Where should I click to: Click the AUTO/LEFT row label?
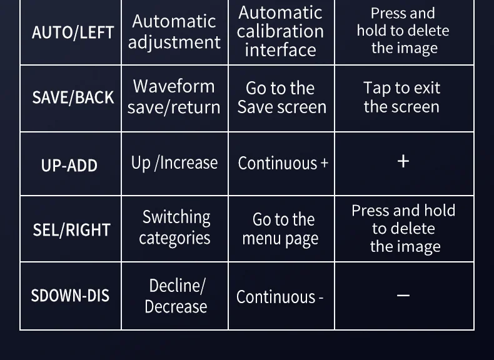pyautogui.click(x=73, y=32)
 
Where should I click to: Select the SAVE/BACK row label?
pyautogui.click(x=73, y=97)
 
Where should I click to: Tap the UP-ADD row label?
pyautogui.click(x=69, y=165)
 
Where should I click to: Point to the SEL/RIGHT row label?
pyautogui.click(x=71, y=230)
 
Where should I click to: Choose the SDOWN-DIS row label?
pyautogui.click(x=70, y=295)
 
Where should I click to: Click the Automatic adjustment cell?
pyautogui.click(x=174, y=31)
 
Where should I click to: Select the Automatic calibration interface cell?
pyautogui.click(x=281, y=31)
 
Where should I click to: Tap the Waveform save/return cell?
pyautogui.click(x=174, y=96)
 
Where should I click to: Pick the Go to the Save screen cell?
pyautogui.click(x=281, y=97)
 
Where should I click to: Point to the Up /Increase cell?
pyautogui.click(x=174, y=163)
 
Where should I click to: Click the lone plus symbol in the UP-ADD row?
pyautogui.click(x=403, y=161)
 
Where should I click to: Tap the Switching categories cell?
pyautogui.click(x=175, y=227)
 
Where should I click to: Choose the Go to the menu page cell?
pyautogui.click(x=281, y=229)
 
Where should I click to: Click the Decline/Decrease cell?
pyautogui.click(x=176, y=296)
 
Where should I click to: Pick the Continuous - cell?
pyautogui.click(x=280, y=297)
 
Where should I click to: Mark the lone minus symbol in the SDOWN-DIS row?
pyautogui.click(x=403, y=295)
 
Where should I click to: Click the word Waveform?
pyautogui.click(x=174, y=86)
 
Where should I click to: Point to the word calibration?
pyautogui.click(x=280, y=31)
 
